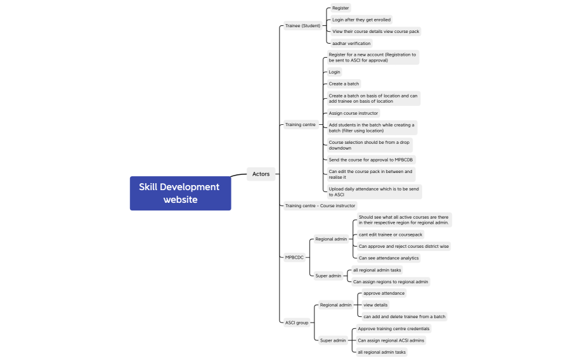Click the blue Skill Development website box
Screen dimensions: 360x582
pyautogui.click(x=180, y=193)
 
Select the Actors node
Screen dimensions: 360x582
pyautogui.click(x=261, y=174)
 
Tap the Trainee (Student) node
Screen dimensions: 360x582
pyautogui.click(x=302, y=26)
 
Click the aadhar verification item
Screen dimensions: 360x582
pyautogui.click(x=351, y=44)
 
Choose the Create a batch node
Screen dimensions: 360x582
pyautogui.click(x=344, y=84)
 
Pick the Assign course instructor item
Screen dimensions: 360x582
pyautogui.click(x=353, y=113)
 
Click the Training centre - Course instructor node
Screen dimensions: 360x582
pyautogui.click(x=320, y=206)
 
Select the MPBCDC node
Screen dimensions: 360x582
pyautogui.click(x=294, y=257)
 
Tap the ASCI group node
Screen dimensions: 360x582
pyautogui.click(x=297, y=323)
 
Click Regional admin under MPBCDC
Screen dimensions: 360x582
pyautogui.click(x=331, y=240)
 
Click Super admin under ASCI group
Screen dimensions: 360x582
pyautogui.click(x=333, y=340)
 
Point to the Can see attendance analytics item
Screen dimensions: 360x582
pyautogui.click(x=389, y=258)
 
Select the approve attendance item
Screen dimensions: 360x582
pyautogui.click(x=384, y=293)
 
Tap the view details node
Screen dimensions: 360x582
pyautogui.click(x=375, y=305)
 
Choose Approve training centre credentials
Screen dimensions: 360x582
pyautogui.click(x=393, y=329)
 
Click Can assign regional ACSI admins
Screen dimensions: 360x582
pyautogui.click(x=391, y=340)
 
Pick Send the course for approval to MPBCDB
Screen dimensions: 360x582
pyautogui.click(x=372, y=160)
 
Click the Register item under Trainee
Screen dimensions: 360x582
pyautogui.click(x=340, y=8)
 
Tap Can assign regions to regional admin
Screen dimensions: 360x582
pyautogui.click(x=391, y=282)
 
